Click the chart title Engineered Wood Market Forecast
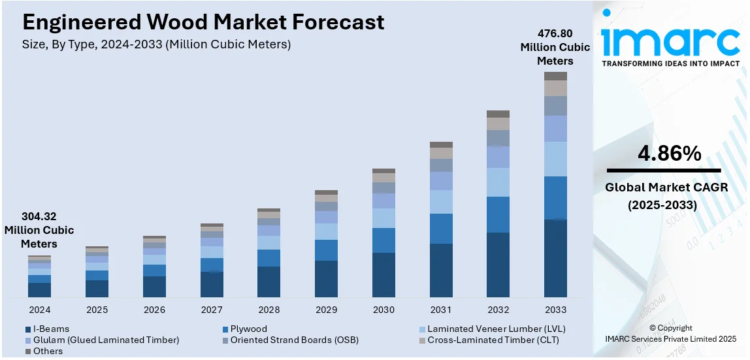tap(203, 23)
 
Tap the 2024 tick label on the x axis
tap(40, 310)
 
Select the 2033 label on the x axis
tap(555, 310)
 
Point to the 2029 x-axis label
tap(326, 310)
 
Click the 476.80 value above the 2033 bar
tap(555, 33)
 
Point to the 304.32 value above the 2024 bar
tap(39, 216)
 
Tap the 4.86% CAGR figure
tap(670, 154)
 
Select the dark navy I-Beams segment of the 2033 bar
tap(555, 258)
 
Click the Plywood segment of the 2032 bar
tap(498, 214)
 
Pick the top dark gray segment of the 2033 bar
tap(555, 76)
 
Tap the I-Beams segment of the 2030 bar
tap(383, 274)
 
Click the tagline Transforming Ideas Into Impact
tap(670, 63)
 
